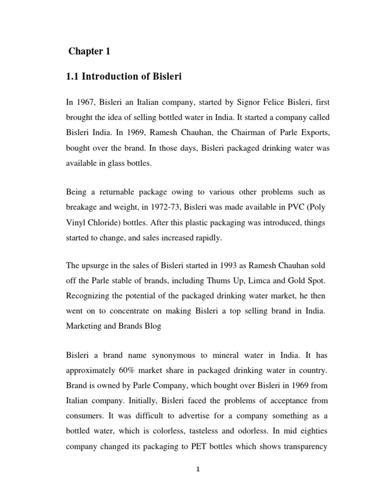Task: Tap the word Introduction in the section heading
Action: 113,76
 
